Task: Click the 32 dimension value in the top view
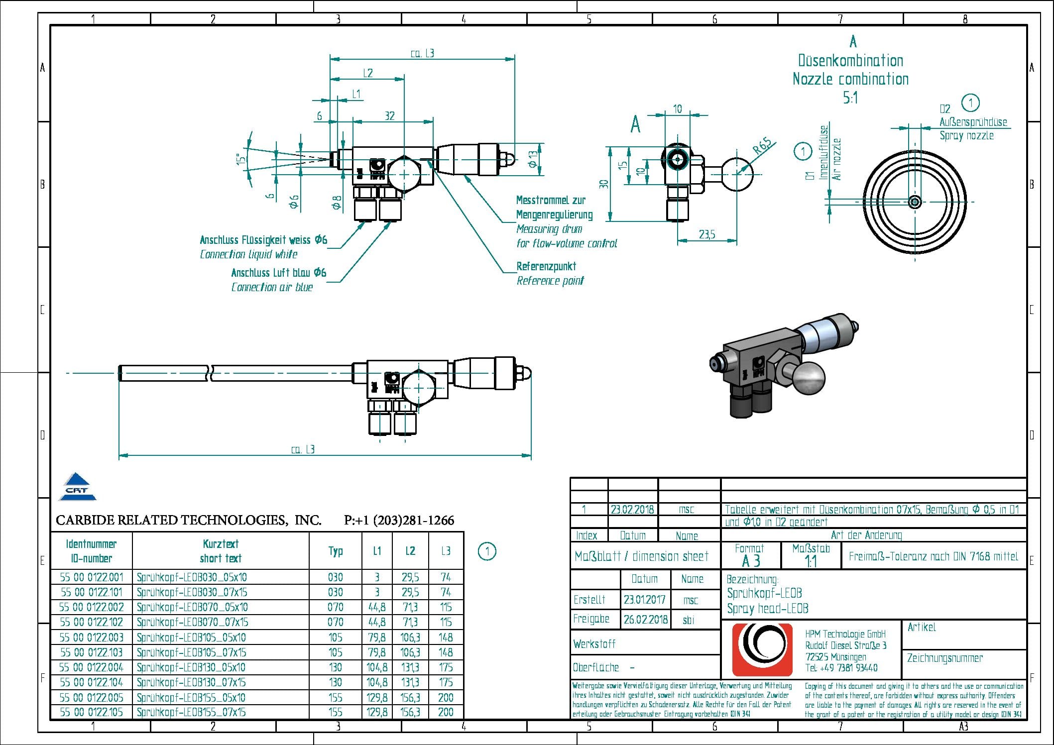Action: (x=390, y=116)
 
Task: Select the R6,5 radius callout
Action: (x=762, y=146)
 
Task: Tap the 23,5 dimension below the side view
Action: (x=707, y=234)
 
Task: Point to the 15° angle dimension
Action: (x=241, y=159)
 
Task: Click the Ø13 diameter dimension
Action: (x=533, y=159)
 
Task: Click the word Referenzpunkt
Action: (x=546, y=266)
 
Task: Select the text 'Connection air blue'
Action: (x=272, y=287)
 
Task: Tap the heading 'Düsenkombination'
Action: (x=850, y=61)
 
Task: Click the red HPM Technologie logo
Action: (x=762, y=649)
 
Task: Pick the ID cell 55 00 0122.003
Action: (x=91, y=638)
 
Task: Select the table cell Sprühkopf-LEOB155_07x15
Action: (x=191, y=712)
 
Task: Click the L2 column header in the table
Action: (x=410, y=551)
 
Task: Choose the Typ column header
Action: (x=336, y=551)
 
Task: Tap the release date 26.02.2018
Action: (x=645, y=620)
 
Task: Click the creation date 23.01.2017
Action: (x=644, y=600)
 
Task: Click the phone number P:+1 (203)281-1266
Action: (x=399, y=521)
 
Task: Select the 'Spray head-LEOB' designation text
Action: (x=767, y=609)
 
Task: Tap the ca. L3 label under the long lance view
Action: (x=303, y=449)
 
